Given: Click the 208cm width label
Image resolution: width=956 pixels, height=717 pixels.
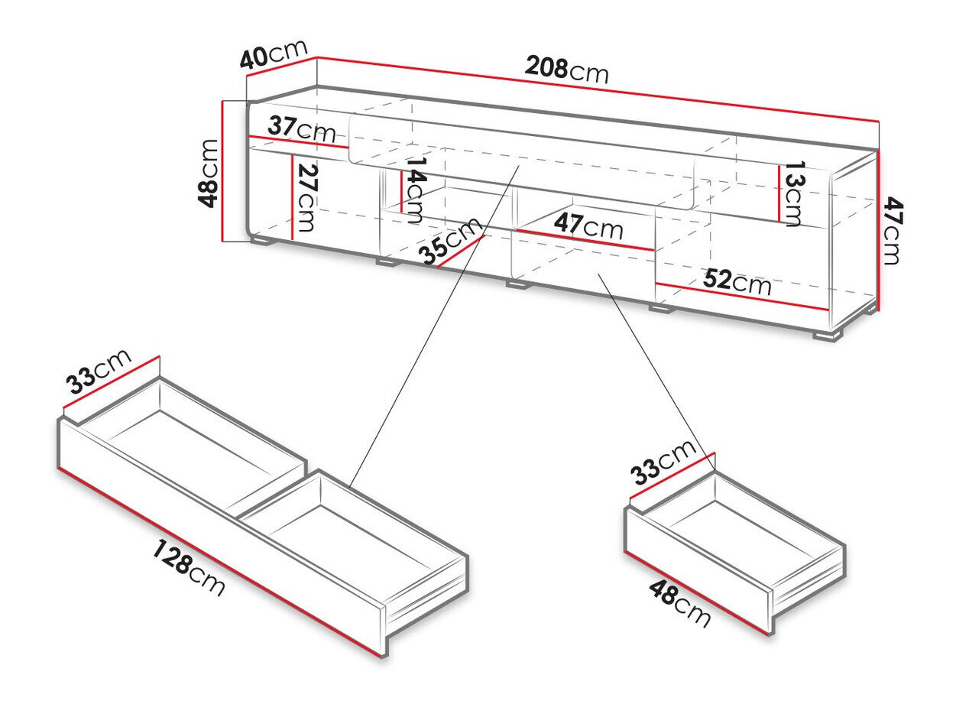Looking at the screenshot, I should [566, 70].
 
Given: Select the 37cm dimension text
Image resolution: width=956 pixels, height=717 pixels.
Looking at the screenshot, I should [302, 128].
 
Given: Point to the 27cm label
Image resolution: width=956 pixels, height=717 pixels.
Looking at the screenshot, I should [308, 197].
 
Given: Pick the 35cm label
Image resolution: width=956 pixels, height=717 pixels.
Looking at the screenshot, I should [452, 241].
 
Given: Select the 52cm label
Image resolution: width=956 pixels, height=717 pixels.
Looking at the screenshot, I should [737, 283].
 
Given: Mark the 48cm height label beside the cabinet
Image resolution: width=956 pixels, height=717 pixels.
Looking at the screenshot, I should [208, 172].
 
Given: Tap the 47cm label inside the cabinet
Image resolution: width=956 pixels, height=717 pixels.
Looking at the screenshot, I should [588, 226].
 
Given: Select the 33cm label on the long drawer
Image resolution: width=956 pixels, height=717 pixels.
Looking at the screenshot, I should [98, 377].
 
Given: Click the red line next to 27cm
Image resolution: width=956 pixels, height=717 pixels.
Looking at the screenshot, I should [292, 197].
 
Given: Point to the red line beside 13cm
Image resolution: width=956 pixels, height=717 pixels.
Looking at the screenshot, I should [780, 194].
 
